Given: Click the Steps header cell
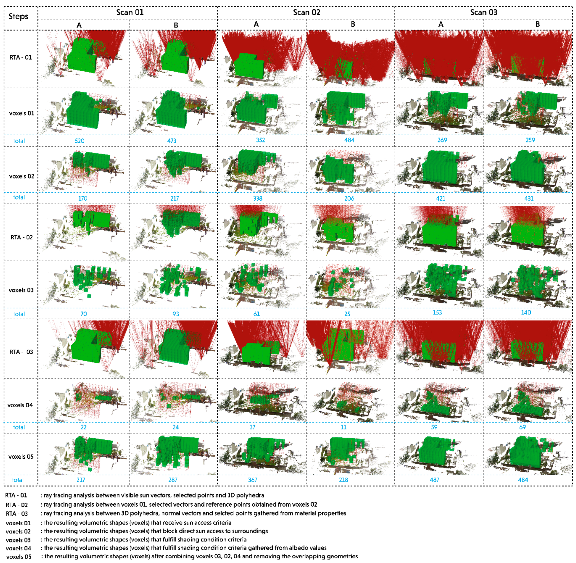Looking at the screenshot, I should point(18,16).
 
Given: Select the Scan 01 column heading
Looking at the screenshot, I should point(130,12).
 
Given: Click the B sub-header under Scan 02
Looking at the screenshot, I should point(353,24).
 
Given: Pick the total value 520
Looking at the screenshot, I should point(80,141).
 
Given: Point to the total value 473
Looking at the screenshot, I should point(172,141).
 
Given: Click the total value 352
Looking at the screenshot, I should point(261,140).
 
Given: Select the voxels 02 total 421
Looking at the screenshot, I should point(441,198).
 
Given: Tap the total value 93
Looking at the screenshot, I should point(176,314).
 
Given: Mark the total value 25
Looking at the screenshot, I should point(347,314).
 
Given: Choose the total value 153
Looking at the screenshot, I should point(437,313).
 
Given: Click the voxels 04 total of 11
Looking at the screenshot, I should point(343,427).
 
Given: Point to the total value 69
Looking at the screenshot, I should point(523,427).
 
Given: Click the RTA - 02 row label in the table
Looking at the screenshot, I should point(21,237).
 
